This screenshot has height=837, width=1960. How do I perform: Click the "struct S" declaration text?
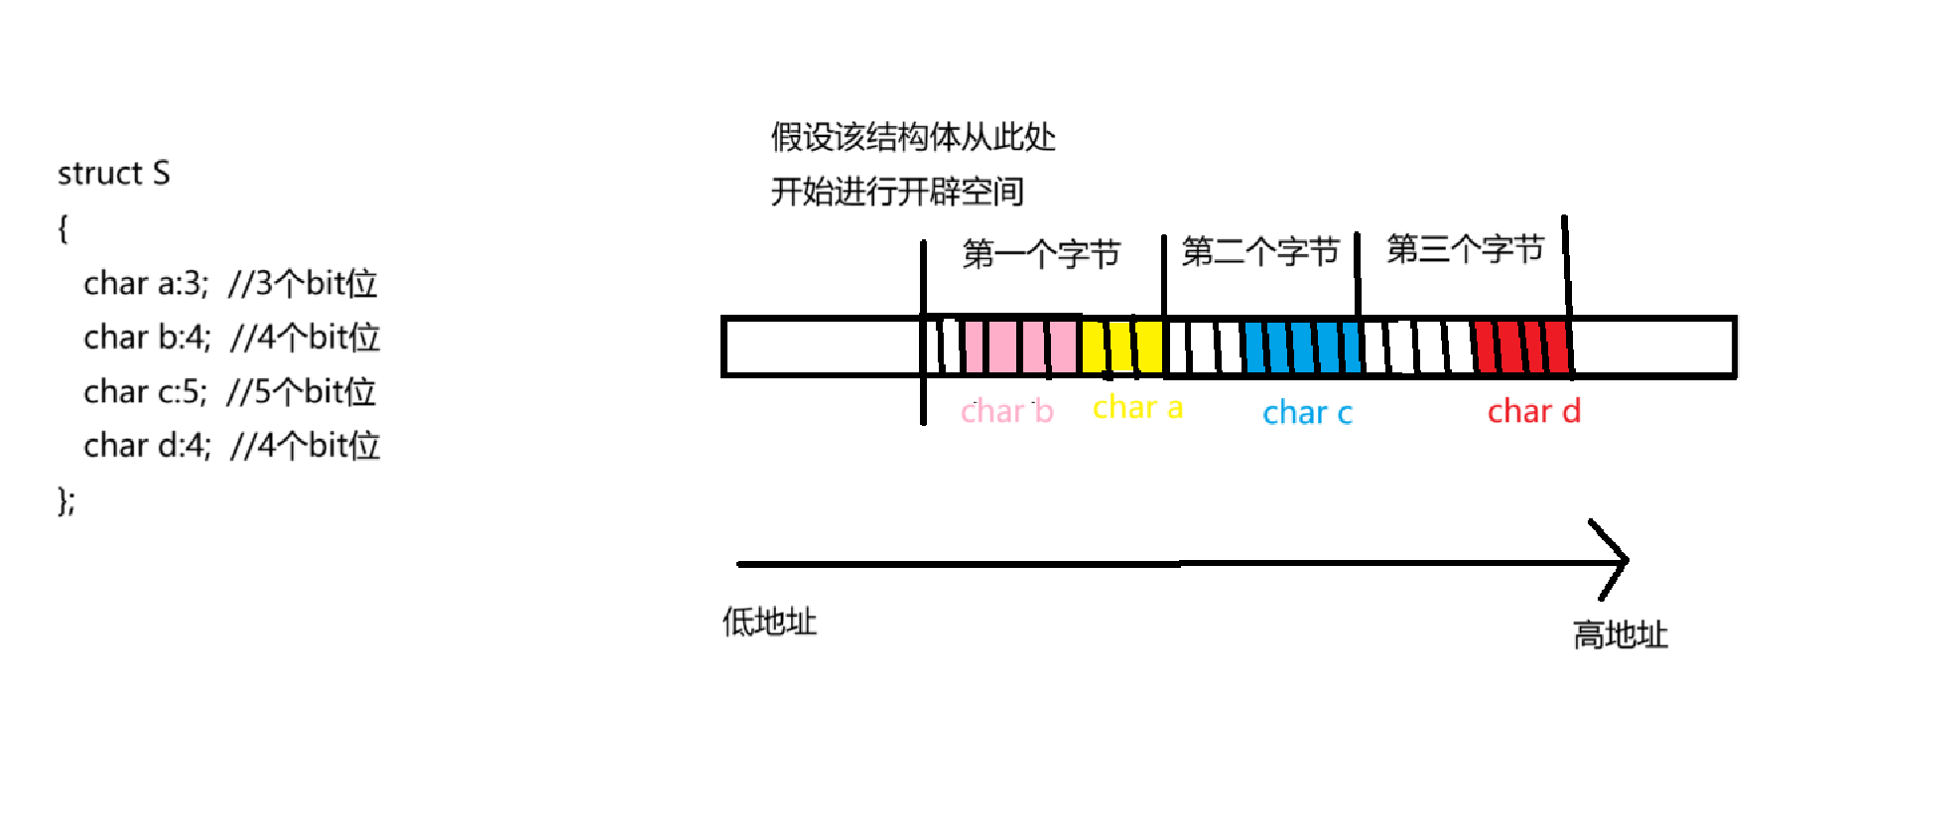pyautogui.click(x=113, y=174)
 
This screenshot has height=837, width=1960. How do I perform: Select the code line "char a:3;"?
pyautogui.click(x=146, y=284)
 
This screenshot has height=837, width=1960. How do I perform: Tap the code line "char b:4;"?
pyautogui.click(x=147, y=338)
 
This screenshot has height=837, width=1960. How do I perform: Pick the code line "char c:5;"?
pyautogui.click(x=145, y=392)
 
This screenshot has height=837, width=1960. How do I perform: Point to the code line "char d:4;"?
pyautogui.click(x=147, y=446)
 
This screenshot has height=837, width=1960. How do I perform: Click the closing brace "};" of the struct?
pyautogui.click(x=65, y=500)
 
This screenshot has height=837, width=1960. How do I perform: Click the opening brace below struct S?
pyautogui.click(x=63, y=229)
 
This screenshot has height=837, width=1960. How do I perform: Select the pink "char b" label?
pyautogui.click(x=1006, y=411)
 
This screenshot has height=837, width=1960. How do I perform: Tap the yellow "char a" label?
pyautogui.click(x=1137, y=407)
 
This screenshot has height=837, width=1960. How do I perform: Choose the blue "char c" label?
pyautogui.click(x=1307, y=412)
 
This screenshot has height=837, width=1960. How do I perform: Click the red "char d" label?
pyautogui.click(x=1533, y=411)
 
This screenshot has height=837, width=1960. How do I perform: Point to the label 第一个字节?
pyautogui.click(x=1041, y=254)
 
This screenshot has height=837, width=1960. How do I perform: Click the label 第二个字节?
pyautogui.click(x=1260, y=251)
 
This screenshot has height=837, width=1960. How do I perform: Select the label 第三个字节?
pyautogui.click(x=1465, y=248)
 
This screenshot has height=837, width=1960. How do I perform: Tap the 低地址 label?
pyautogui.click(x=769, y=622)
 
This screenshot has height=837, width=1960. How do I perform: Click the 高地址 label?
pyautogui.click(x=1620, y=634)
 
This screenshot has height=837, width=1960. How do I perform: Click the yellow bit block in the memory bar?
pyautogui.click(x=1122, y=347)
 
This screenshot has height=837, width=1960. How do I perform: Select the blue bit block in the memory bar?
pyautogui.click(x=1302, y=347)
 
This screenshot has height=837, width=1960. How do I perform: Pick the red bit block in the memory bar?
pyautogui.click(x=1521, y=347)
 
